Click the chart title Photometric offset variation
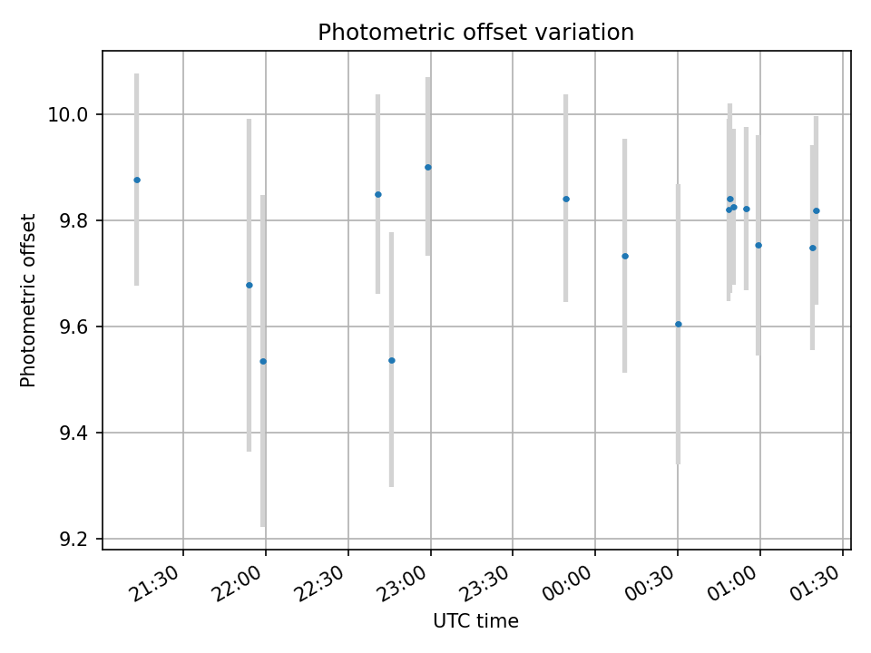click(475, 33)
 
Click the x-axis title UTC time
click(475, 621)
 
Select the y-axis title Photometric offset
click(28, 300)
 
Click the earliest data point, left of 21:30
click(137, 180)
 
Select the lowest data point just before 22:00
click(263, 361)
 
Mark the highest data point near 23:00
click(428, 167)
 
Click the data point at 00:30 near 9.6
click(678, 324)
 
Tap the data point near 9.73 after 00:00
click(625, 256)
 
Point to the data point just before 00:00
click(566, 199)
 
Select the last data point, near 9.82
click(817, 210)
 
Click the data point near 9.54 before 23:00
click(392, 360)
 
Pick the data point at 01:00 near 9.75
click(758, 245)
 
